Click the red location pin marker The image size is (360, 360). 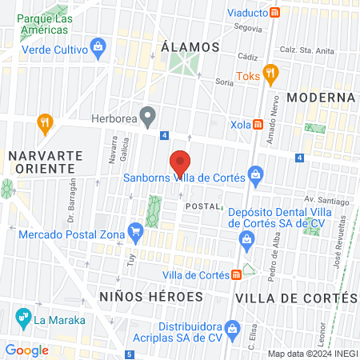click(181, 163)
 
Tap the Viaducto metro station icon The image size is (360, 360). click(275, 12)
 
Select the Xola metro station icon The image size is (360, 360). click(258, 124)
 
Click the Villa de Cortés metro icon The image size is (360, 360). click(237, 275)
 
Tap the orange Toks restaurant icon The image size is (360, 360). click(270, 74)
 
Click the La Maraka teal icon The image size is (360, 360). click(22, 322)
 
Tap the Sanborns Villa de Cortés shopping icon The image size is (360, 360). click(255, 173)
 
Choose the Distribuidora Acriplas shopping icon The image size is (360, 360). click(233, 327)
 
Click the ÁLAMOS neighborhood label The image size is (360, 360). click(190, 47)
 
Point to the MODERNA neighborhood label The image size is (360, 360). click(321, 98)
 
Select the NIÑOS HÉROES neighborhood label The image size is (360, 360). click(151, 297)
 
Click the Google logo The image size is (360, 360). click(26, 350)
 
